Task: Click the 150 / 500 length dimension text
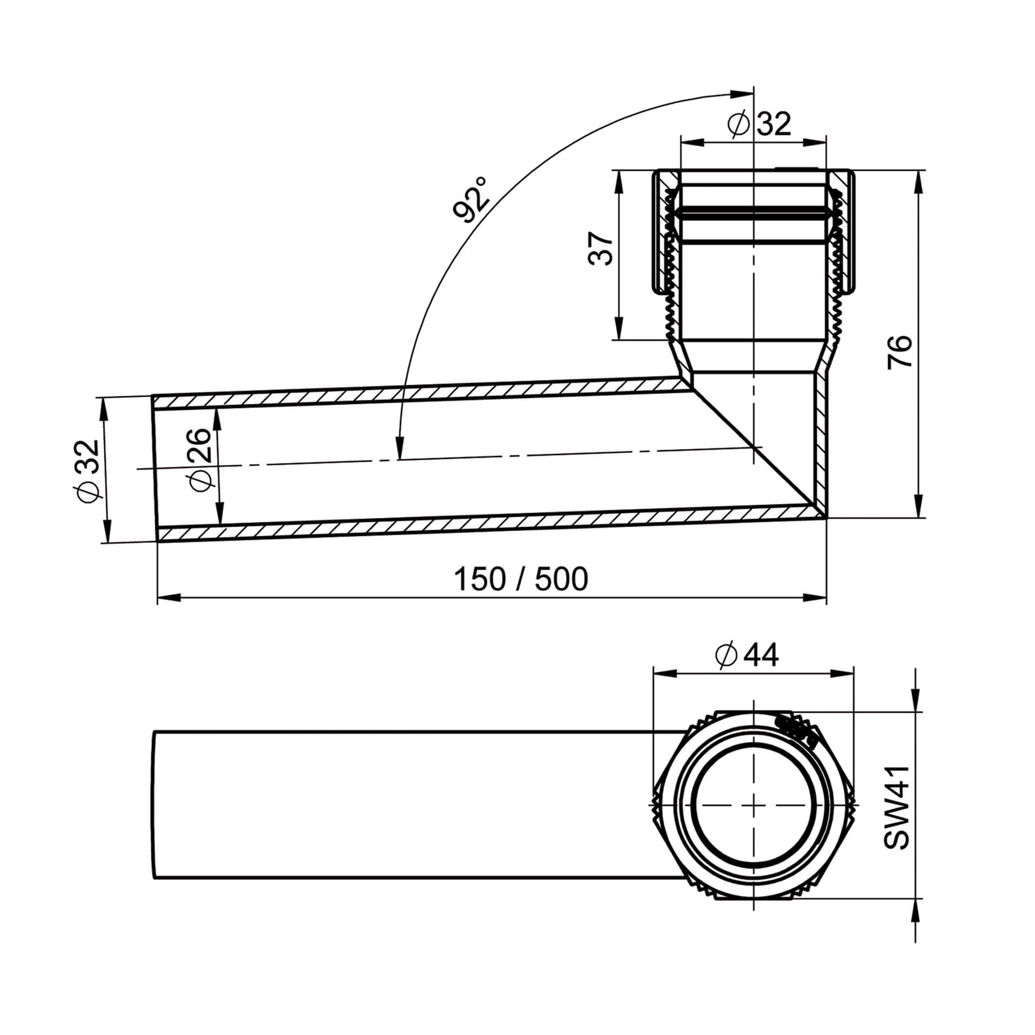[x=521, y=579]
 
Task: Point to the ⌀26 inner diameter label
[x=201, y=460]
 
